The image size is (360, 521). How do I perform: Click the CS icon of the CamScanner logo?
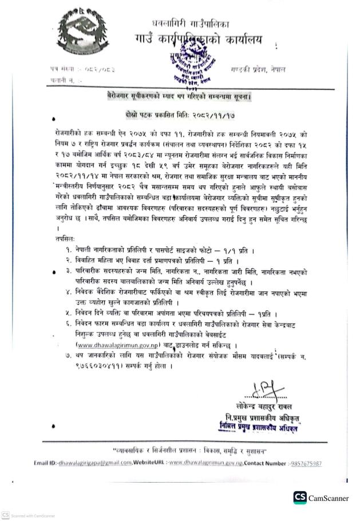pyautogui.click(x=300, y=498)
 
